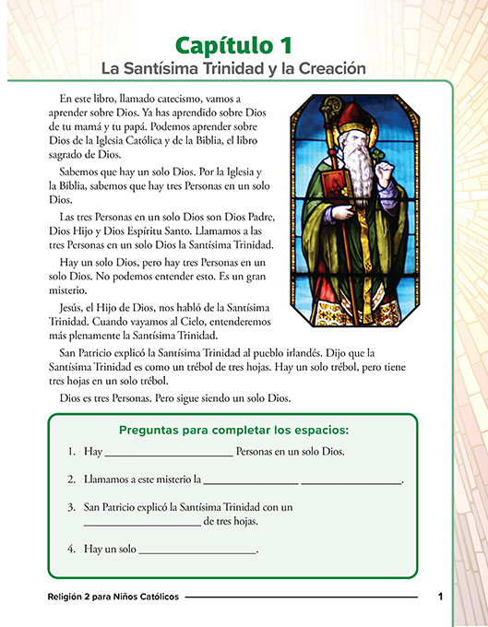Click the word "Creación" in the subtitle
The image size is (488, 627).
(x=327, y=68)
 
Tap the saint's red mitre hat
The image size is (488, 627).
(x=352, y=119)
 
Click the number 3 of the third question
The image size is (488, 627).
(x=70, y=507)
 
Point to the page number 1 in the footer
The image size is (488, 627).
(x=441, y=597)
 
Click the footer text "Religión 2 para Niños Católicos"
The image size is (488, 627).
(x=113, y=597)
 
